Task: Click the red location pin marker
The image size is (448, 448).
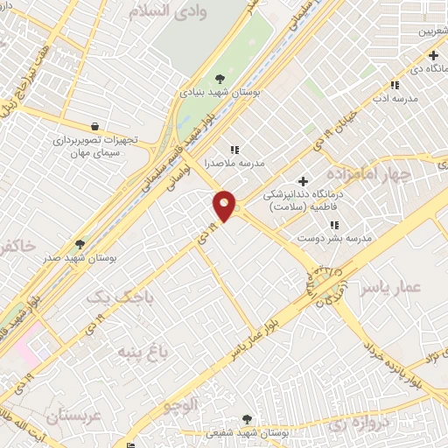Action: pyautogui.click(x=225, y=206)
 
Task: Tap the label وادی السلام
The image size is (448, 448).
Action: pyautogui.click(x=172, y=12)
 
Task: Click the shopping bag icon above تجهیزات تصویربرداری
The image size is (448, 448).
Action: pyautogui.click(x=94, y=126)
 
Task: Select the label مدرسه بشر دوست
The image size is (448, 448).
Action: pyautogui.click(x=335, y=238)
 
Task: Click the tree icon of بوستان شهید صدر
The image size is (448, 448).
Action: pyautogui.click(x=80, y=245)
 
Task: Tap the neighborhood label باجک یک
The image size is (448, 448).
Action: pyautogui.click(x=123, y=297)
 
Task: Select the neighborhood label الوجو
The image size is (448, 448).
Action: pyautogui.click(x=181, y=406)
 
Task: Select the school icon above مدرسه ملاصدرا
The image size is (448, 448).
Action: pyautogui.click(x=234, y=149)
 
